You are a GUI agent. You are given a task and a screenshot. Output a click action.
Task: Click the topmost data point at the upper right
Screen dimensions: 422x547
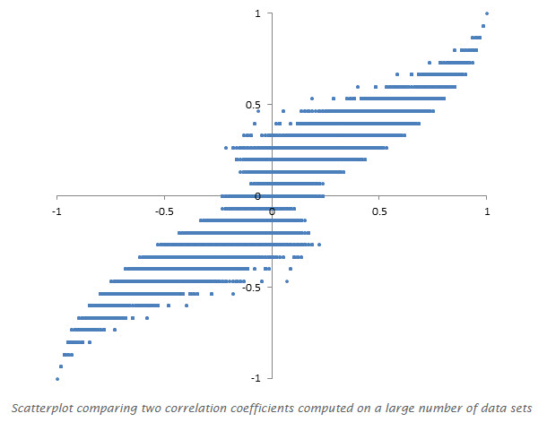click(x=487, y=13)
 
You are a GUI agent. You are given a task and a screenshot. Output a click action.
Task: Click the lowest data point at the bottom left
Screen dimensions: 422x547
click(x=57, y=379)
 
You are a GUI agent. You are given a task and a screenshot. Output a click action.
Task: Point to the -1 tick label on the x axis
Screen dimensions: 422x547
click(x=57, y=211)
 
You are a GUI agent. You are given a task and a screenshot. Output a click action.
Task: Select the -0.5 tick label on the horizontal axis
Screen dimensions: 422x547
click(x=164, y=211)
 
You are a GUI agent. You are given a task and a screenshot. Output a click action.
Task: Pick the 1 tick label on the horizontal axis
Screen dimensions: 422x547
click(x=487, y=211)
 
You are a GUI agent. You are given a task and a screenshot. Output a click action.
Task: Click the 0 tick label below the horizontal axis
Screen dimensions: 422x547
click(x=272, y=211)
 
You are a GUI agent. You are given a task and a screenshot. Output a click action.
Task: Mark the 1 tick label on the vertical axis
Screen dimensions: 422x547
click(x=257, y=13)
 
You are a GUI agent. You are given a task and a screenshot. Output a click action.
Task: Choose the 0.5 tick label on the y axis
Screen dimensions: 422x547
click(x=254, y=105)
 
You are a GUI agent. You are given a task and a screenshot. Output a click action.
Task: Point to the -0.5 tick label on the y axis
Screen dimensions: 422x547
click(x=252, y=288)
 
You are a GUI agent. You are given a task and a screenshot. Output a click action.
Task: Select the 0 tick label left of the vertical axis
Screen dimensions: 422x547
click(x=257, y=196)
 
